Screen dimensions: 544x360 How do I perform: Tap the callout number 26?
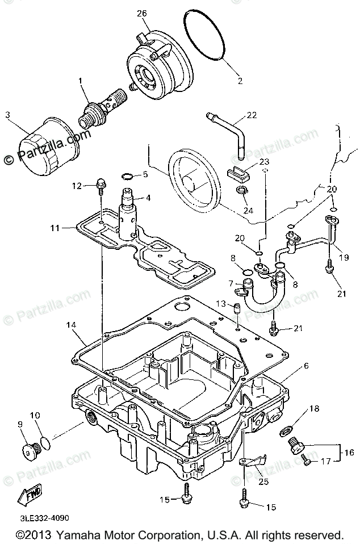(x=143, y=12)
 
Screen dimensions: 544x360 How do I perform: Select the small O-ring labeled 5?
(x=128, y=176)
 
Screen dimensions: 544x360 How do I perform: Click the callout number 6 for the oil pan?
(x=306, y=366)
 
